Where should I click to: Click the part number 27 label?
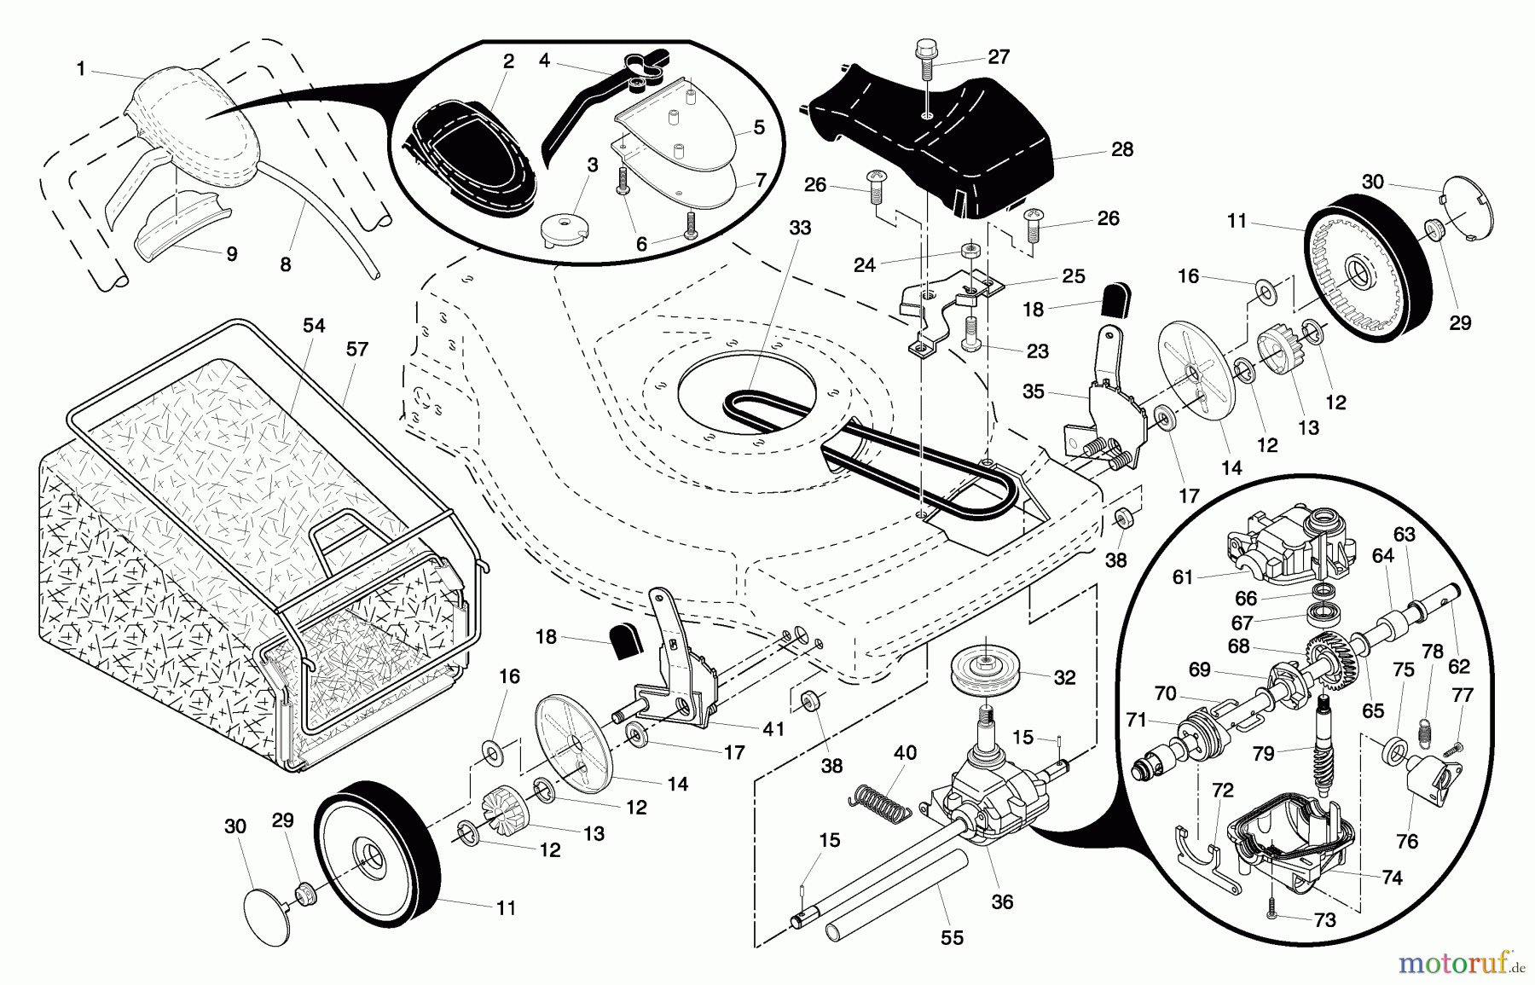tap(999, 57)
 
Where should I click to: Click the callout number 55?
tap(952, 937)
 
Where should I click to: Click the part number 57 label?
tap(356, 349)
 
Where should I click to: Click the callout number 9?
tap(231, 254)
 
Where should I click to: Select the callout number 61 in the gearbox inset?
tap(1183, 577)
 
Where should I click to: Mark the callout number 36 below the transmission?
tap(1003, 901)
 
